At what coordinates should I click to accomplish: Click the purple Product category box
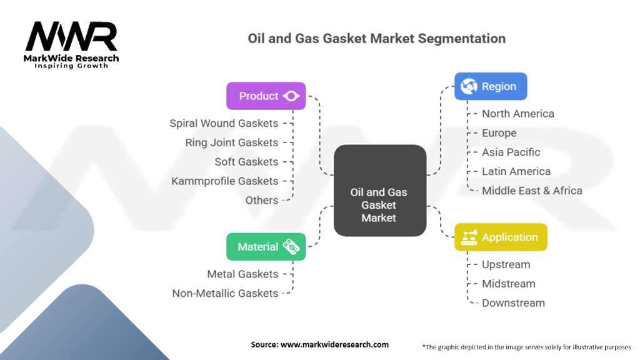tap(266, 96)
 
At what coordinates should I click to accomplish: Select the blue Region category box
tap(491, 86)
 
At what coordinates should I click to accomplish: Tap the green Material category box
tap(266, 247)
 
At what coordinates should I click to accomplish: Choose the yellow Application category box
tap(500, 237)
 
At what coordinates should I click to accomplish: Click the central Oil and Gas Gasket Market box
tap(379, 190)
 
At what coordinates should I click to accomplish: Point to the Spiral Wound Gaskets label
tap(224, 123)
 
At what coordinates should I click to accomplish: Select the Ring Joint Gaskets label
tap(231, 142)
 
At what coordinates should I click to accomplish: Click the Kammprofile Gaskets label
tap(224, 181)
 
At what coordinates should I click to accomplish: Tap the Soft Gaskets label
tap(246, 162)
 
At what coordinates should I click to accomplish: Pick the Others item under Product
tap(261, 200)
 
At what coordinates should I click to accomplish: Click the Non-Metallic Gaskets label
tap(225, 293)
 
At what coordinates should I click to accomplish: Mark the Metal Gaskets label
tap(242, 274)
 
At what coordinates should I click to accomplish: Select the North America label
tap(517, 114)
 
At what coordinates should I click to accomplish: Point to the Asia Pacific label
tap(511, 152)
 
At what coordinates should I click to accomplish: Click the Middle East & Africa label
tap(532, 191)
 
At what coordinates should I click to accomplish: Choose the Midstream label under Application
tap(508, 284)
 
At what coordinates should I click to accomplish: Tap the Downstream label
tap(513, 303)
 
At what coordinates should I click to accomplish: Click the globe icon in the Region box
tap(469, 86)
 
